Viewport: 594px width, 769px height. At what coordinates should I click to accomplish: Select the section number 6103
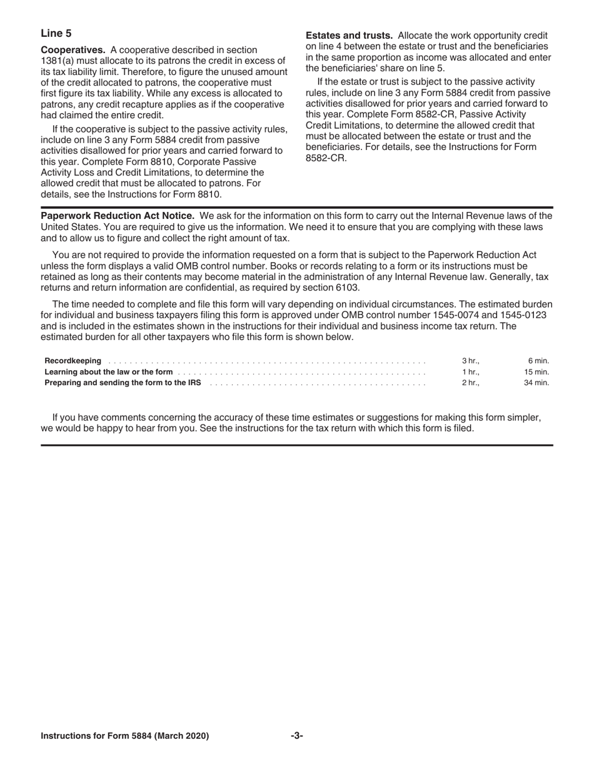point(346,288)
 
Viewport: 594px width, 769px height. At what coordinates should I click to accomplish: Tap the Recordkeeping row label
point(73,361)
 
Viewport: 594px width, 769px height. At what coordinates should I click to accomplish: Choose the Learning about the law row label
point(108,371)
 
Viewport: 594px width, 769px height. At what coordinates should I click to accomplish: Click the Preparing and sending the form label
point(123,382)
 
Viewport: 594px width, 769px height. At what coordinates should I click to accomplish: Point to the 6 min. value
point(538,361)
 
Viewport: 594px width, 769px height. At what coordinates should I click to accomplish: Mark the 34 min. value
point(536,382)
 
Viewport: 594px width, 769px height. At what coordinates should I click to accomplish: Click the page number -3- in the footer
point(297,736)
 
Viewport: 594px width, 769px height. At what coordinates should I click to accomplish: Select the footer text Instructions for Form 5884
point(124,736)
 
